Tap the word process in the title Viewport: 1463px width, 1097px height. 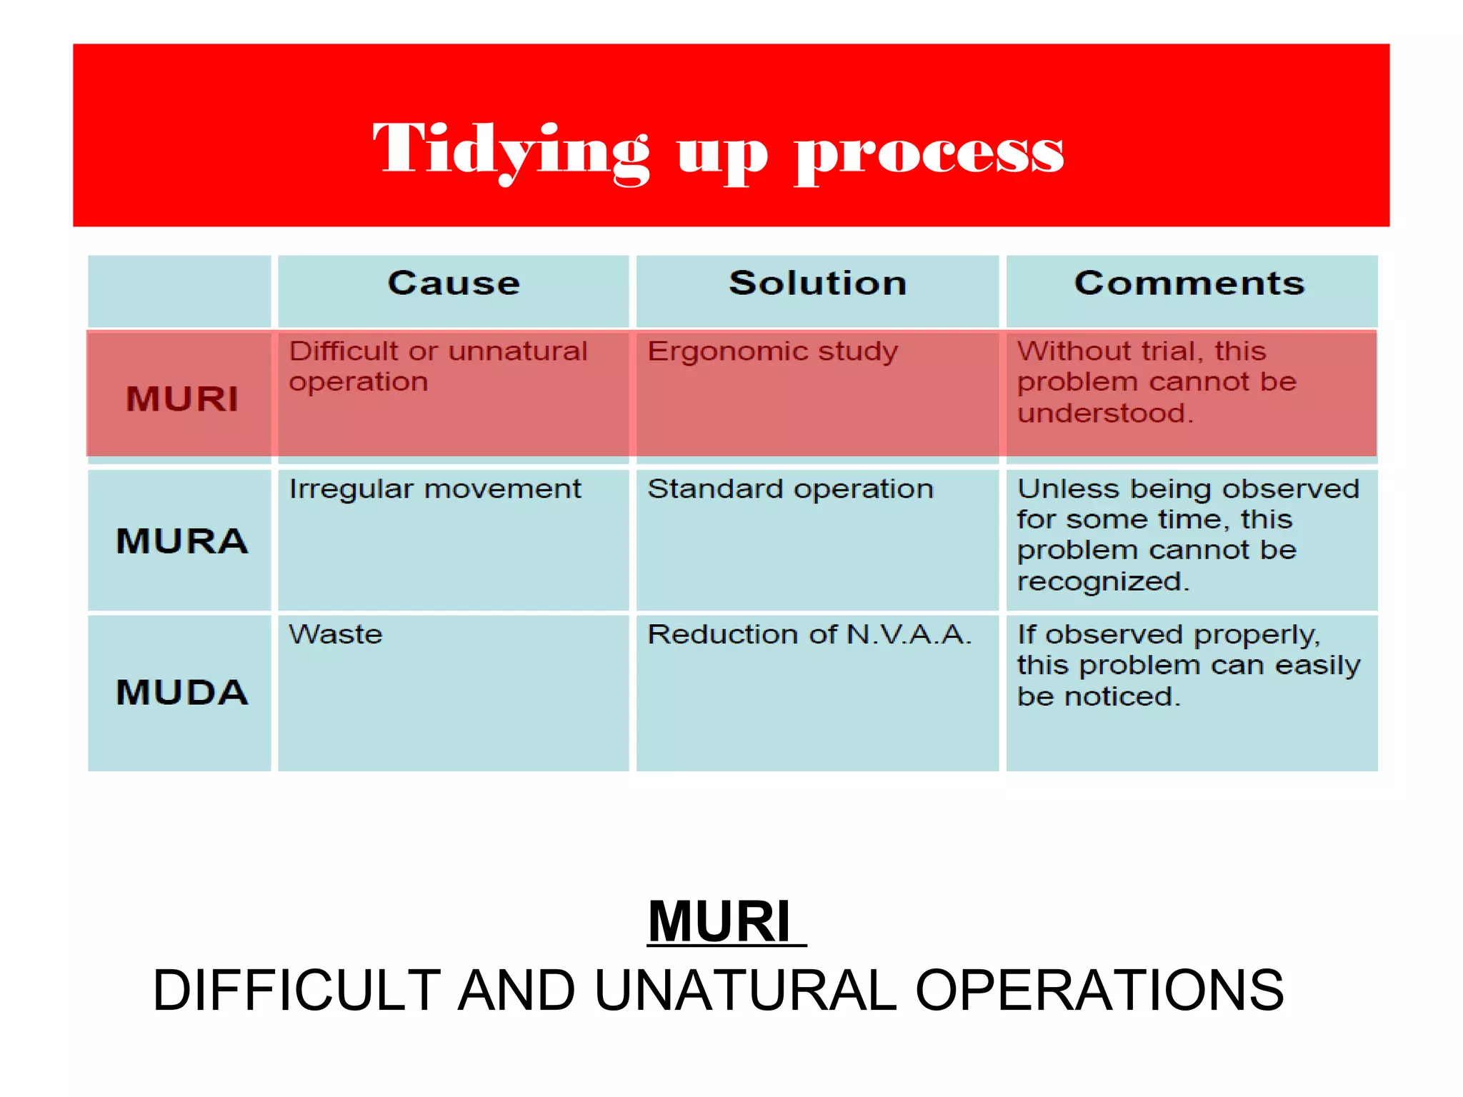tap(929, 151)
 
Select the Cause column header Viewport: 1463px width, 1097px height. tap(454, 283)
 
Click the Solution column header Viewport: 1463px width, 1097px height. tap(817, 283)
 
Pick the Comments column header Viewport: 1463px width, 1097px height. tap(1189, 283)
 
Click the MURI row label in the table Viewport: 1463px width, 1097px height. tap(182, 399)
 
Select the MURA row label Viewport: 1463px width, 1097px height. tap(182, 541)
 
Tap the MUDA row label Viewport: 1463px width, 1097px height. tap(182, 692)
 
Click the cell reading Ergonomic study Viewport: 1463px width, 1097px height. tap(772, 352)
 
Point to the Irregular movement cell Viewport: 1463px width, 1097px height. tap(434, 489)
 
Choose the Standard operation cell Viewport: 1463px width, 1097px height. tap(790, 489)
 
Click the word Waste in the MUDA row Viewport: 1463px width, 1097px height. tap(335, 634)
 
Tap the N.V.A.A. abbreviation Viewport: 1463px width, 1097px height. tap(909, 634)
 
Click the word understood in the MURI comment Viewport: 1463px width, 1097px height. tap(1104, 413)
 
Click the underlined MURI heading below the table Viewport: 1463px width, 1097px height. tap(720, 922)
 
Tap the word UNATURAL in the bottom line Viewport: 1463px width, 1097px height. tap(744, 991)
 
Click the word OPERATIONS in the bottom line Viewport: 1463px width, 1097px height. tap(1099, 991)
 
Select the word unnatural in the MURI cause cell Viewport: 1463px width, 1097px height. tap(518, 351)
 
